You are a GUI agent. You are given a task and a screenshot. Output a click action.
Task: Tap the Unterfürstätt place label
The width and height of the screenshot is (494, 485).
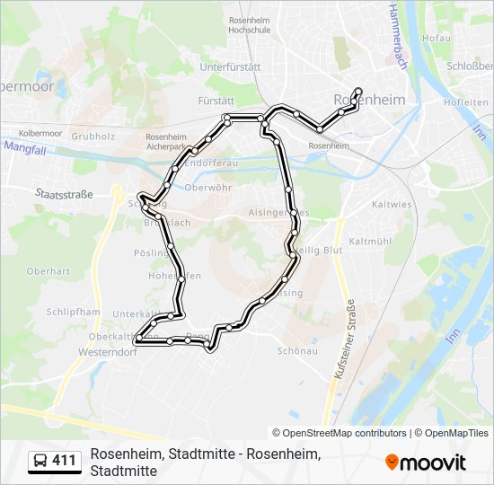230,66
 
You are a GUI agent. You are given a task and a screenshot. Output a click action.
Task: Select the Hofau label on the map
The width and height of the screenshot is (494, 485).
437,39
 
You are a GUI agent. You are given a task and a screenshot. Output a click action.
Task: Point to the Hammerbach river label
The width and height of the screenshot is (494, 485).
393,38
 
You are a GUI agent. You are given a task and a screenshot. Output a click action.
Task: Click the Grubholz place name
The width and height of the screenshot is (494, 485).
93,137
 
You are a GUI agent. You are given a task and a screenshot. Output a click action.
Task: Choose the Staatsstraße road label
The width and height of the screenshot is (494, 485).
64,193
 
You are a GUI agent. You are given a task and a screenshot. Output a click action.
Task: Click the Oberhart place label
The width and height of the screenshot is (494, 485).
49,270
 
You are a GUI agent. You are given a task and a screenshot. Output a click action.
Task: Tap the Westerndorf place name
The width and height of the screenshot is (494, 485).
108,352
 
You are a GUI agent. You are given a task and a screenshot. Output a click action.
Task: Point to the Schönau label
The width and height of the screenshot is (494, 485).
298,351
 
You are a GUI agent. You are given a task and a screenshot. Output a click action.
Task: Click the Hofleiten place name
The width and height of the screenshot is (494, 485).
465,101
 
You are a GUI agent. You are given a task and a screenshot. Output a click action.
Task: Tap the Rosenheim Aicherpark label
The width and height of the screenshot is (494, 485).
166,140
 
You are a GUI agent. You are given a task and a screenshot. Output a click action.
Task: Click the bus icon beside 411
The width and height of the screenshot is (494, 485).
40,461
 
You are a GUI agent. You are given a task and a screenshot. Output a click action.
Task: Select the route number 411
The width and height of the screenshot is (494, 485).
64,461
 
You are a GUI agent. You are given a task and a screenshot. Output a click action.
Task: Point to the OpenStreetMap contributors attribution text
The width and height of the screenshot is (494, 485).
340,433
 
